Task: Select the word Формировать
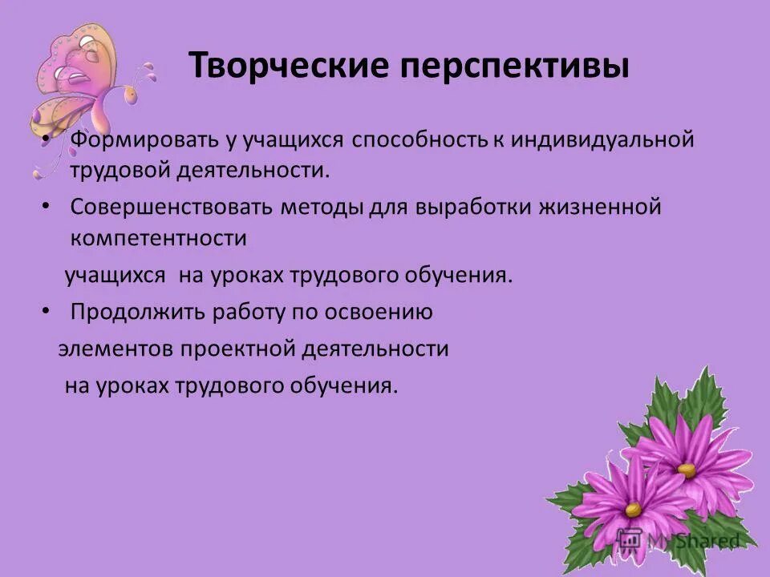pyautogui.click(x=131, y=139)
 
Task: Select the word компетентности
pyautogui.click(x=158, y=239)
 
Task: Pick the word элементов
pyautogui.click(x=116, y=349)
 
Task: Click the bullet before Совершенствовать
pyautogui.click(x=46, y=207)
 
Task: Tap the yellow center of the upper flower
pyautogui.click(x=687, y=470)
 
